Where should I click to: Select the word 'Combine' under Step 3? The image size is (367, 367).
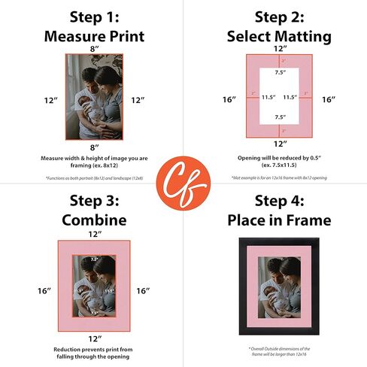(x=93, y=220)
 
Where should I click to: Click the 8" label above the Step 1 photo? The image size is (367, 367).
(x=93, y=47)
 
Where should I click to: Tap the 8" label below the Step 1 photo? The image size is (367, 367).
(x=93, y=147)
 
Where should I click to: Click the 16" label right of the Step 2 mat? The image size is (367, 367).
(x=328, y=99)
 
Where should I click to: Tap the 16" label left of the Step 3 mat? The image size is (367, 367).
(x=45, y=290)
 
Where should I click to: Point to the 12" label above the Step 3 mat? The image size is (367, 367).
(x=93, y=235)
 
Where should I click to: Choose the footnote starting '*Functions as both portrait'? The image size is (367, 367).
(x=93, y=177)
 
